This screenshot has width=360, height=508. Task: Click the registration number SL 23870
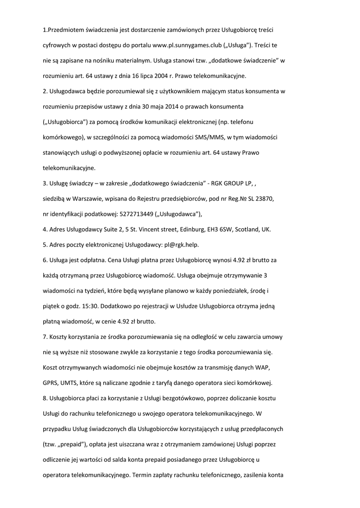(x=257, y=199)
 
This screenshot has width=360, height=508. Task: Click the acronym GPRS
(x=52, y=382)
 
